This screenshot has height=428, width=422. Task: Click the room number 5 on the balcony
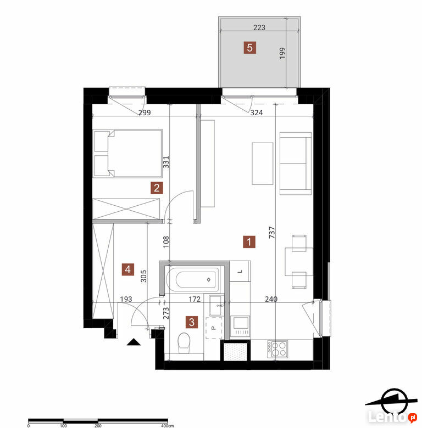[249, 48]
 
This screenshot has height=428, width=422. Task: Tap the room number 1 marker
[249, 242]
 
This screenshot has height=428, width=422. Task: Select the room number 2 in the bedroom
[157, 188]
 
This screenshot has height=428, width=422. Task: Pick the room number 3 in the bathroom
[192, 322]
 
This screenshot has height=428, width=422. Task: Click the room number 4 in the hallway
[128, 269]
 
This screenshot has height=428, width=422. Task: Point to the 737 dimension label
[271, 233]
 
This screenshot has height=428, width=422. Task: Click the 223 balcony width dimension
[259, 27]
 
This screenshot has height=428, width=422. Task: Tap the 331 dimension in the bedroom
[166, 162]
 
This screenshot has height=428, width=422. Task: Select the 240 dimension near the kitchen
[271, 299]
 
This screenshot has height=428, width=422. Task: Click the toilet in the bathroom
[184, 343]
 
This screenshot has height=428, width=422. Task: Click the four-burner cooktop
[277, 349]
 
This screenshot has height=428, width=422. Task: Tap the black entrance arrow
[134, 342]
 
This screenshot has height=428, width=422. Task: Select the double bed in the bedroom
[128, 154]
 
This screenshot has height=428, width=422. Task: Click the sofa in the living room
[296, 164]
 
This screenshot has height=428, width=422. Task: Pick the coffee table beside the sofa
[263, 164]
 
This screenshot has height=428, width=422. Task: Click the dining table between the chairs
[299, 262]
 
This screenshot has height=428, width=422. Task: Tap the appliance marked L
[240, 271]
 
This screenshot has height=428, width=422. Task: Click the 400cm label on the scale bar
[167, 426]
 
